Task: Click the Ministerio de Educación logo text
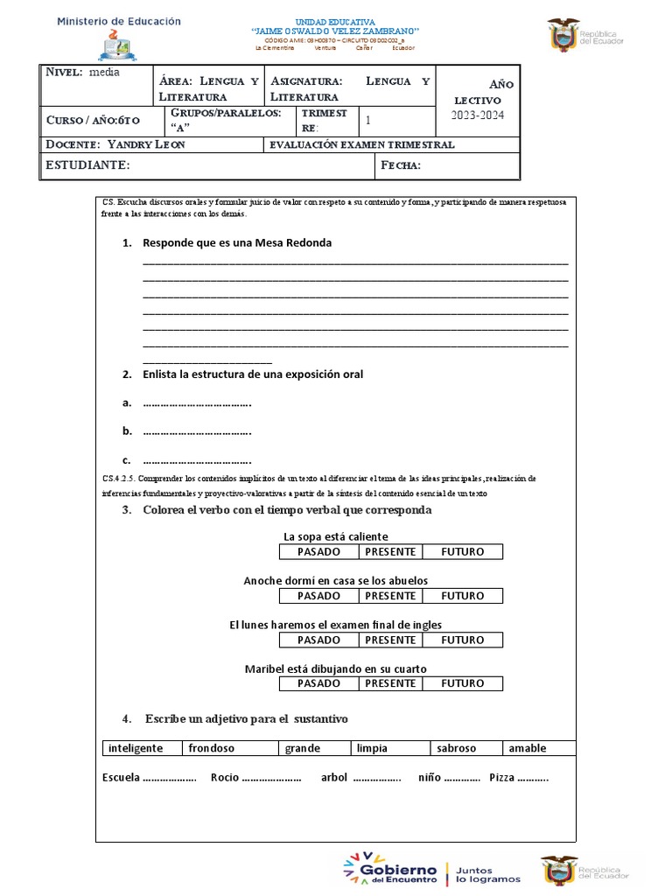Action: tap(119, 21)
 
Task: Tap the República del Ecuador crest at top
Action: tap(563, 36)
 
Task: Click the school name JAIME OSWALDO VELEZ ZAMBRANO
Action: tap(335, 31)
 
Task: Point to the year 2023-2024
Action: tap(479, 115)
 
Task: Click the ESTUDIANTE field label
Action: tap(87, 164)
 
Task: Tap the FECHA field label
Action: tap(402, 165)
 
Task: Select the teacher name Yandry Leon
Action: tap(144, 144)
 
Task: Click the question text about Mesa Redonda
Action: tap(236, 242)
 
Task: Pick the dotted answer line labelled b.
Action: tap(196, 431)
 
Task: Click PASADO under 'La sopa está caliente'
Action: tap(318, 551)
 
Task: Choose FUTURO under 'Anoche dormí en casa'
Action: tap(462, 596)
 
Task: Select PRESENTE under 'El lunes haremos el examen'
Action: tap(390, 640)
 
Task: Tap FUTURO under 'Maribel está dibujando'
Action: tap(462, 683)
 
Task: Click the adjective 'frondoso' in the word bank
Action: tap(211, 748)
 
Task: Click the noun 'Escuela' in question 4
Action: tap(121, 777)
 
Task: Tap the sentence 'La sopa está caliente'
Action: tap(335, 536)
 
